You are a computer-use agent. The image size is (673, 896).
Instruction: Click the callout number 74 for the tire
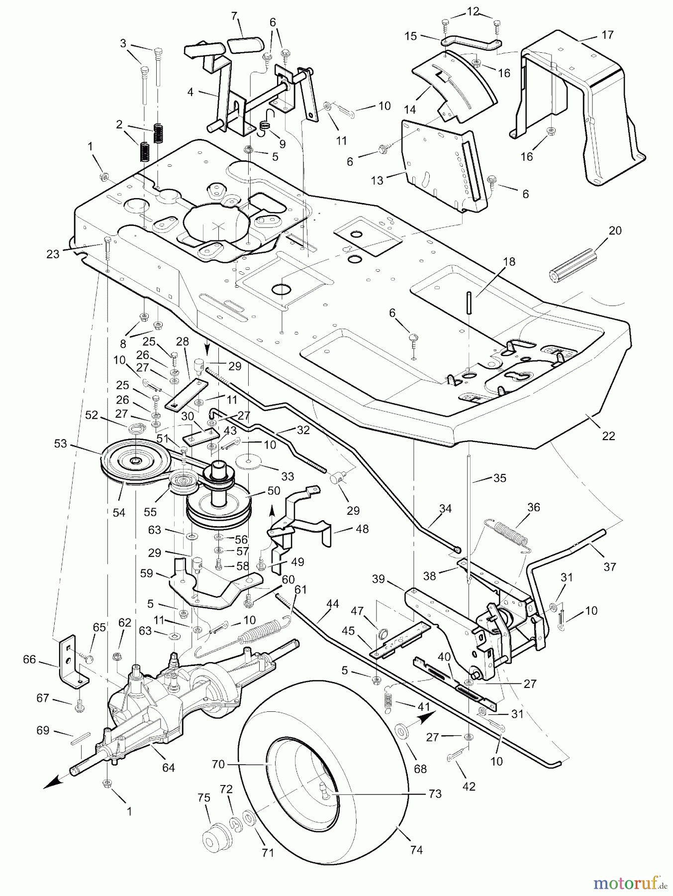(x=416, y=850)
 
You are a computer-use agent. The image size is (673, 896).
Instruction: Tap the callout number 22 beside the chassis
(x=608, y=436)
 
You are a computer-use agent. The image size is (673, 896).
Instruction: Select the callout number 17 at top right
(x=607, y=35)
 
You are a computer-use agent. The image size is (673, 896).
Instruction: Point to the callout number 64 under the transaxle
(x=169, y=767)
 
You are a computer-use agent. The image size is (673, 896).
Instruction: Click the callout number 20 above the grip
(x=615, y=230)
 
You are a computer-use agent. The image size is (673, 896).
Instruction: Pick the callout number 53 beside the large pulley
(x=60, y=443)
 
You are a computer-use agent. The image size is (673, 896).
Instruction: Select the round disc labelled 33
(x=252, y=461)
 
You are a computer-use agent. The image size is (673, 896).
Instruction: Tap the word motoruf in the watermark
(x=623, y=883)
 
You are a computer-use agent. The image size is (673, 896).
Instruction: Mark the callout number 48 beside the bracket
(x=362, y=529)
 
